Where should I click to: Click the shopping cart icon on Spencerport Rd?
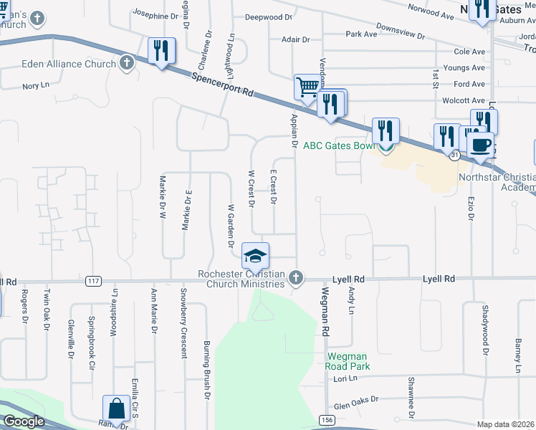point(307,88)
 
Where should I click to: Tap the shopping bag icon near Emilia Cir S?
point(116,408)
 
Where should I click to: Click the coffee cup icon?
point(480,145)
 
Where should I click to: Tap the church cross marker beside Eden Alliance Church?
point(126,63)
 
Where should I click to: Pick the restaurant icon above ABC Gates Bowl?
point(386,131)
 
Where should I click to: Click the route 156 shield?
point(327,419)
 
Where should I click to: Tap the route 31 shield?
point(454,154)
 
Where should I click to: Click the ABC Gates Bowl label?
point(339,145)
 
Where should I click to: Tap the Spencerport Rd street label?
point(222,83)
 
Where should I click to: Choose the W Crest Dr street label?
point(251,186)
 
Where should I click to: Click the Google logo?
point(24,421)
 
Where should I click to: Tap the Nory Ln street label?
point(35,85)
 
